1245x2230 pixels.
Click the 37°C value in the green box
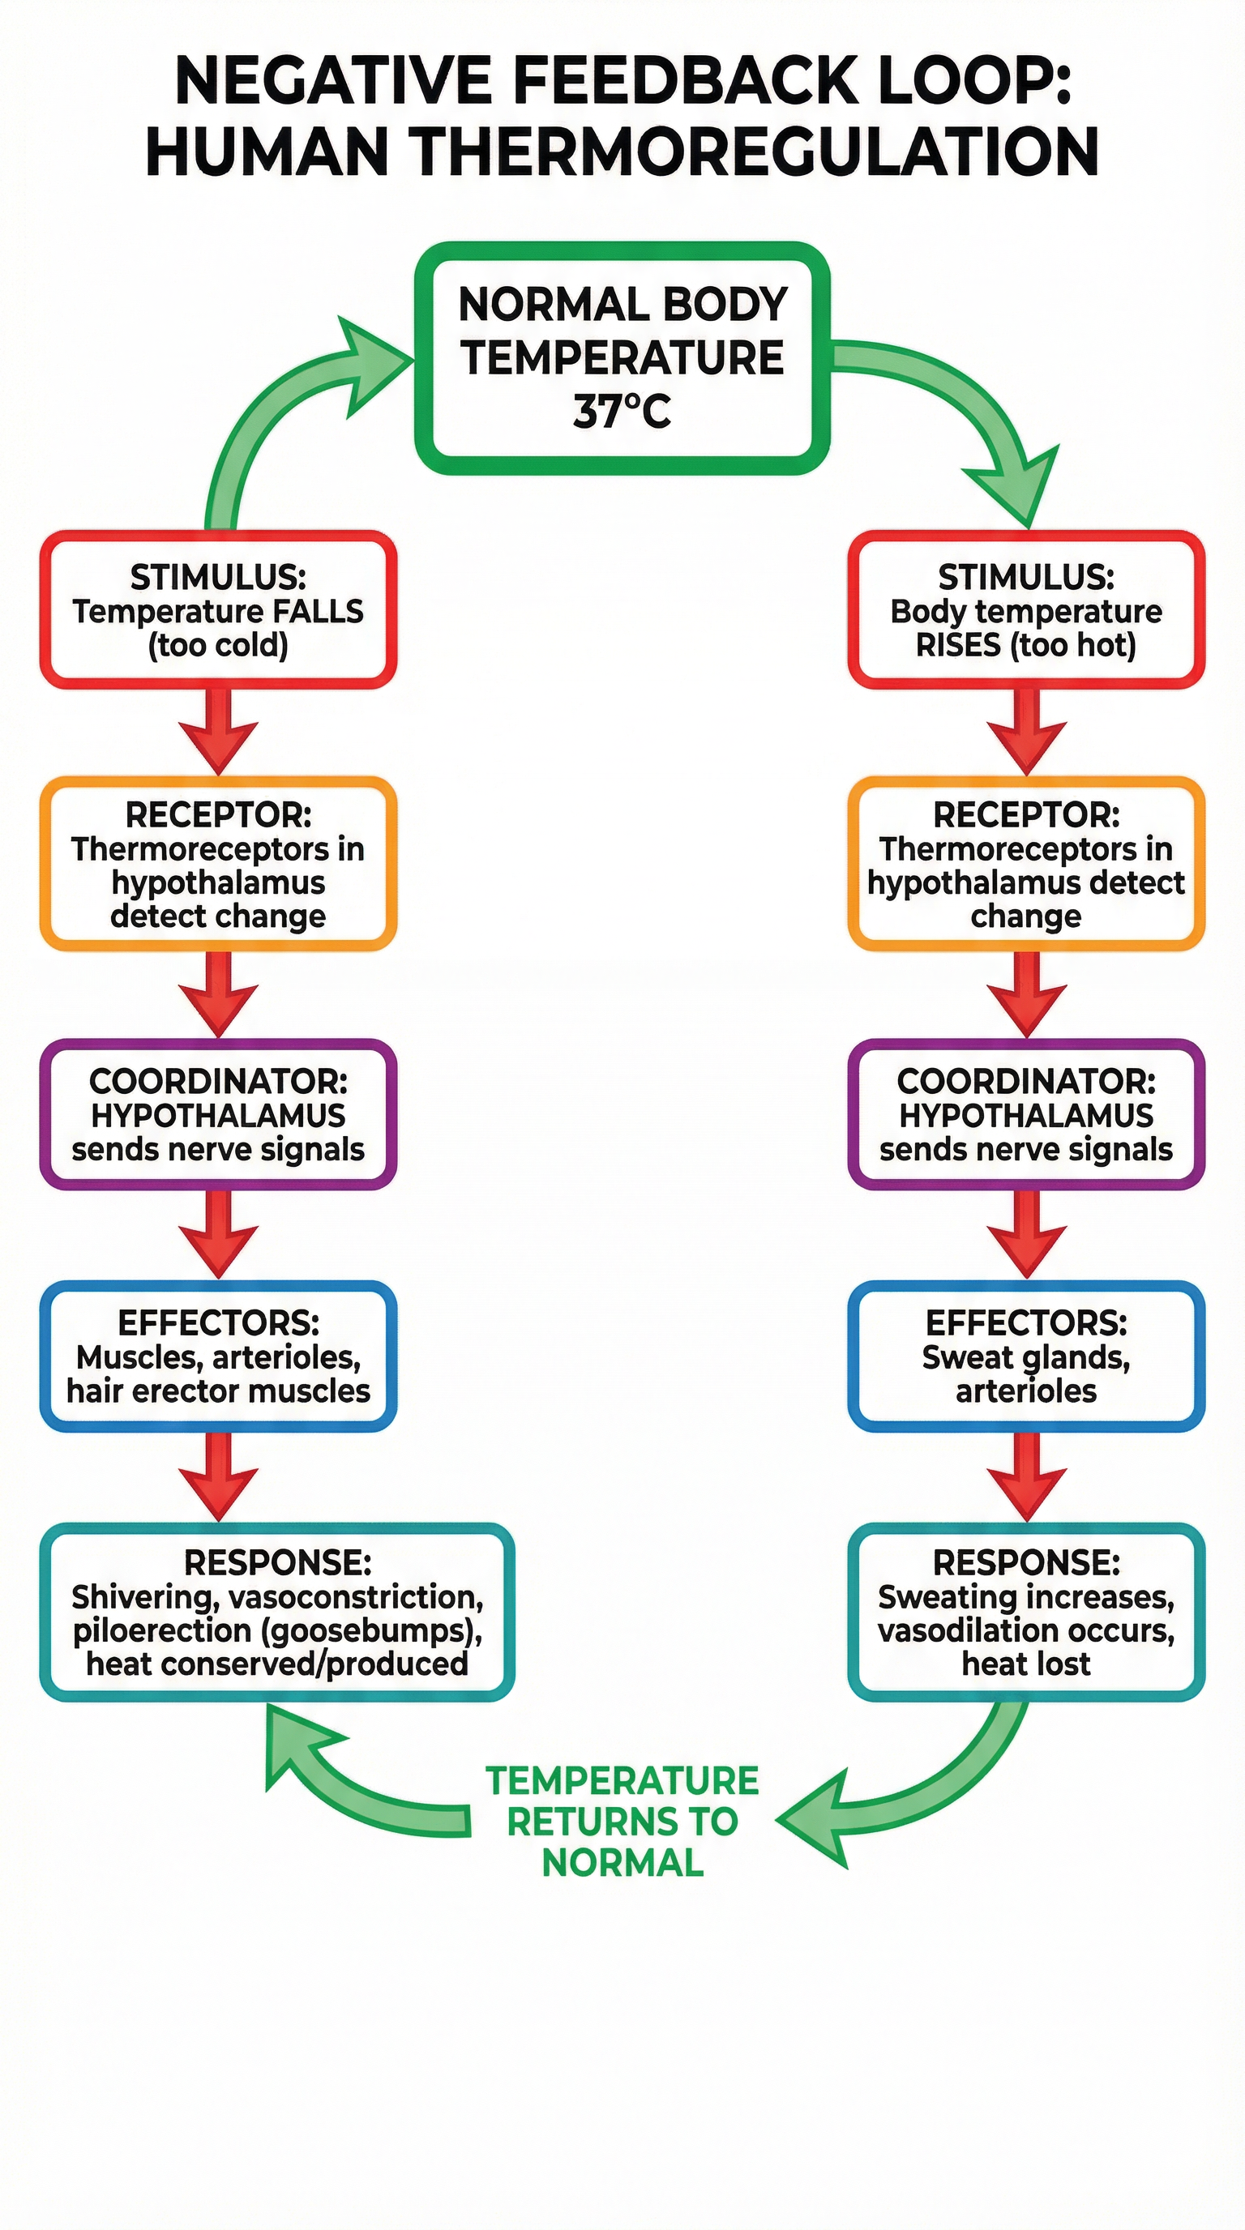click(622, 411)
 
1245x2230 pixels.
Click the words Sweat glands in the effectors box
click(1025, 1356)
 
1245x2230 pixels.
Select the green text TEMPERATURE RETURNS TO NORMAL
click(622, 1821)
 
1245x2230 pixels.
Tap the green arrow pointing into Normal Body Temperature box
click(285, 407)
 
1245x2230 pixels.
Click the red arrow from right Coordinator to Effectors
click(1026, 1234)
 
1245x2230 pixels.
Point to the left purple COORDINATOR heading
click(218, 1080)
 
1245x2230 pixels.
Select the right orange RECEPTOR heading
click(1026, 814)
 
